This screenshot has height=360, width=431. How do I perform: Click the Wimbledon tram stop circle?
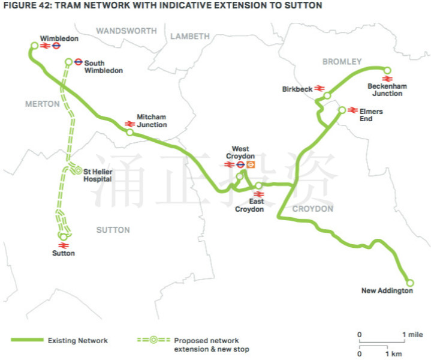(x=34, y=46)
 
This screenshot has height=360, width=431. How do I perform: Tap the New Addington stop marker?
(x=410, y=283)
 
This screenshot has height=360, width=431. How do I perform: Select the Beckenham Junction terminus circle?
(x=387, y=70)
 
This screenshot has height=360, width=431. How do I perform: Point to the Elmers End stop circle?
(x=342, y=110)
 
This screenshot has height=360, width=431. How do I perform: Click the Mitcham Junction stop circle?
(x=129, y=133)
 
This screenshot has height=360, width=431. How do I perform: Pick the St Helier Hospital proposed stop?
(x=78, y=171)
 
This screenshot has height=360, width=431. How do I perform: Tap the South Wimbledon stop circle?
(x=69, y=62)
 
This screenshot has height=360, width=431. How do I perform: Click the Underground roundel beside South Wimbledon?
(x=79, y=62)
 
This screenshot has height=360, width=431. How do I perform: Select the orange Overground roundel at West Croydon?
(x=251, y=164)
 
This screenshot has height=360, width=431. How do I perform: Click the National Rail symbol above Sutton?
(x=64, y=245)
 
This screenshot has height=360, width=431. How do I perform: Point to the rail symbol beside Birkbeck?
(x=320, y=88)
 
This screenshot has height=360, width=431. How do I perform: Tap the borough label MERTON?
(x=43, y=104)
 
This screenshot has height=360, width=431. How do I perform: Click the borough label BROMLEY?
(x=342, y=62)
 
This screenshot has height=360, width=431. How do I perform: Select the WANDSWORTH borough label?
(x=126, y=31)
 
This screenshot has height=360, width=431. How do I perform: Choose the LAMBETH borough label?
(x=190, y=36)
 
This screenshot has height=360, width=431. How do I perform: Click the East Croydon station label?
(x=249, y=205)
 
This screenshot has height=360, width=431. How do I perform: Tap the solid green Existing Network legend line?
(x=27, y=340)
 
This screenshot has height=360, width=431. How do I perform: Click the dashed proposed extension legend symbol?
(x=153, y=340)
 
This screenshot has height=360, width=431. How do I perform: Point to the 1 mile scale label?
(x=412, y=335)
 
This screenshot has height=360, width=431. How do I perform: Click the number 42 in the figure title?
(x=44, y=5)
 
